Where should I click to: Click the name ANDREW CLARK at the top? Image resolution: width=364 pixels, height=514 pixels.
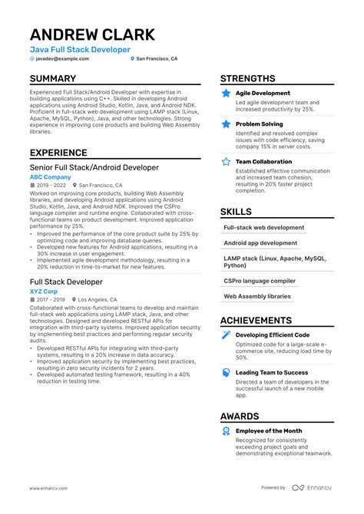(92, 35)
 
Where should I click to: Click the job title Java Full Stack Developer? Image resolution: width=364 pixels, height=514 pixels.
(80, 50)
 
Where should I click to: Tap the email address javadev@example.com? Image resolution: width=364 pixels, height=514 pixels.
(62, 59)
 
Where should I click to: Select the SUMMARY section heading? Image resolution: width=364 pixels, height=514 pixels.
(53, 79)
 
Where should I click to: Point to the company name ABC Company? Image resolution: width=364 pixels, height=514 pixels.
(50, 177)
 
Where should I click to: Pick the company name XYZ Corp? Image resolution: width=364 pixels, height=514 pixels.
(44, 291)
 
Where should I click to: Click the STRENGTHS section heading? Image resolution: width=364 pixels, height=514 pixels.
(247, 79)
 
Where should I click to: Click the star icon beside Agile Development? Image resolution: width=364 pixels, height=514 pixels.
(226, 94)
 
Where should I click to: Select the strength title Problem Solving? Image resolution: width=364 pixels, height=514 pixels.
(260, 123)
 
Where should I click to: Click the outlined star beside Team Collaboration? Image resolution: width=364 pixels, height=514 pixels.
(226, 162)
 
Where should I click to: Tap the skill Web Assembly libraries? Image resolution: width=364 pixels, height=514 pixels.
(257, 296)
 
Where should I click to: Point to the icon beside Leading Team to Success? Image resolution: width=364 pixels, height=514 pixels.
(226, 372)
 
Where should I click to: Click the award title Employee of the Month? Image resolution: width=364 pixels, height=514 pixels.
(269, 431)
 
